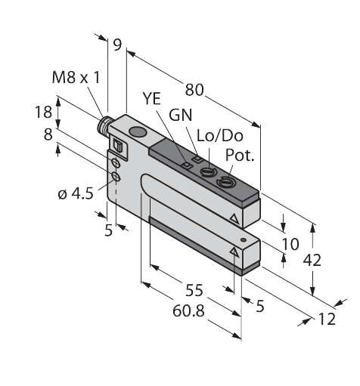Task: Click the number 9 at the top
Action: pyautogui.click(x=116, y=45)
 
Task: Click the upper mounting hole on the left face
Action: pyautogui.click(x=116, y=164)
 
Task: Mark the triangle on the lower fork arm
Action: pyautogui.click(x=234, y=249)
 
